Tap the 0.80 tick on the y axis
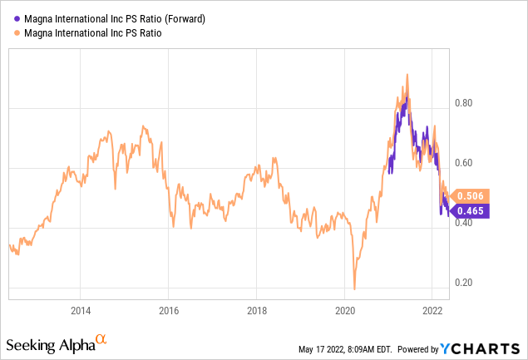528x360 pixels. point(461,104)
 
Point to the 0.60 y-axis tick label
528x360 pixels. point(461,163)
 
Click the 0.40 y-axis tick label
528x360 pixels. point(461,223)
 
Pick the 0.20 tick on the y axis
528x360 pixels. point(461,283)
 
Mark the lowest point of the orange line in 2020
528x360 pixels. point(354,289)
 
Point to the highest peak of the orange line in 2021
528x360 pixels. point(407,75)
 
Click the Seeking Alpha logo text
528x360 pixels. point(50,343)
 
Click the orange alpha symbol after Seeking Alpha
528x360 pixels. point(101,339)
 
